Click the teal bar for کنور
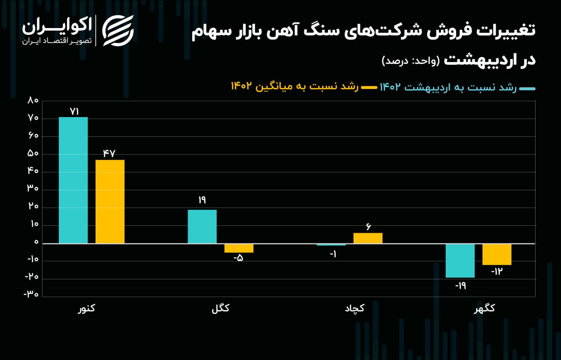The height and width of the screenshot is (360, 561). [x=73, y=180]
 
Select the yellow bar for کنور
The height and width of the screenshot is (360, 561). [x=110, y=201]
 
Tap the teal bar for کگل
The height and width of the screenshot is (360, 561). [x=202, y=226]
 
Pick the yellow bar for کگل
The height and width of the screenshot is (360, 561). [x=239, y=248]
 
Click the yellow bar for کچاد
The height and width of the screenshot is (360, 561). [x=368, y=238]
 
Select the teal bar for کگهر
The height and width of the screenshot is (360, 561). [x=460, y=260]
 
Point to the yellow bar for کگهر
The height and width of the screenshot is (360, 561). [x=497, y=254]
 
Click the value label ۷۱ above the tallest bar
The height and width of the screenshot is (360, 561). [x=74, y=112]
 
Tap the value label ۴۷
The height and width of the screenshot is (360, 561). [x=109, y=153]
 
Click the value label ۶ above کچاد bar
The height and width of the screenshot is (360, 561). [x=368, y=227]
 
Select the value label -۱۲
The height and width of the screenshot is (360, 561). [x=497, y=271]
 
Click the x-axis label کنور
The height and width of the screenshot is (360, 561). [x=86, y=309]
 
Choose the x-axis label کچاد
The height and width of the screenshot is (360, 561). [x=355, y=309]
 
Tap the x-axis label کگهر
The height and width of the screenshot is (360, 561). [x=484, y=309]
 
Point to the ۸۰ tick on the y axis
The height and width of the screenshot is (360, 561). [x=33, y=100]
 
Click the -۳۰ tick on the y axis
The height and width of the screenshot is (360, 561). [x=31, y=294]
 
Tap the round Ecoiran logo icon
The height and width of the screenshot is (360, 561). [x=118, y=30]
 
